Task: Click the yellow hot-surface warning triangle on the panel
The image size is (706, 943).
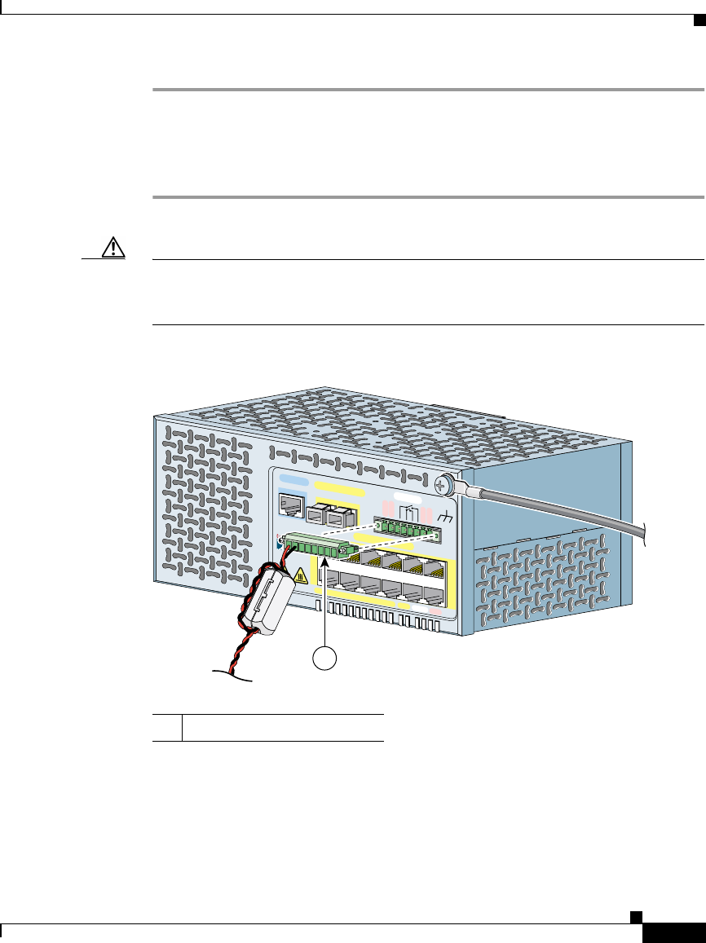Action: pos(301,575)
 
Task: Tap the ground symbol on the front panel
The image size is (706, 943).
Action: pos(446,517)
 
